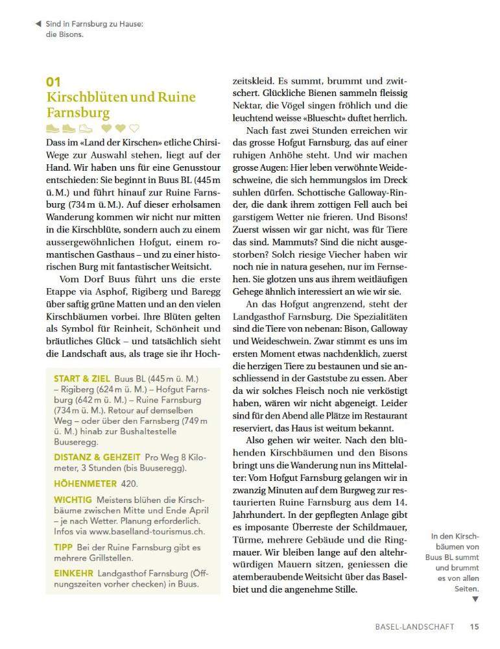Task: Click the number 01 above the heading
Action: click(53, 82)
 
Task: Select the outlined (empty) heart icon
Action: click(134, 129)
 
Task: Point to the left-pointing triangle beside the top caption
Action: click(38, 24)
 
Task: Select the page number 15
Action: click(475, 627)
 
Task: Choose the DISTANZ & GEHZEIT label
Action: click(97, 457)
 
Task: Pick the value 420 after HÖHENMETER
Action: click(129, 484)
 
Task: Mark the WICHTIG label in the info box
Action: click(73, 500)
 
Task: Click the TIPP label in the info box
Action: click(63, 547)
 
